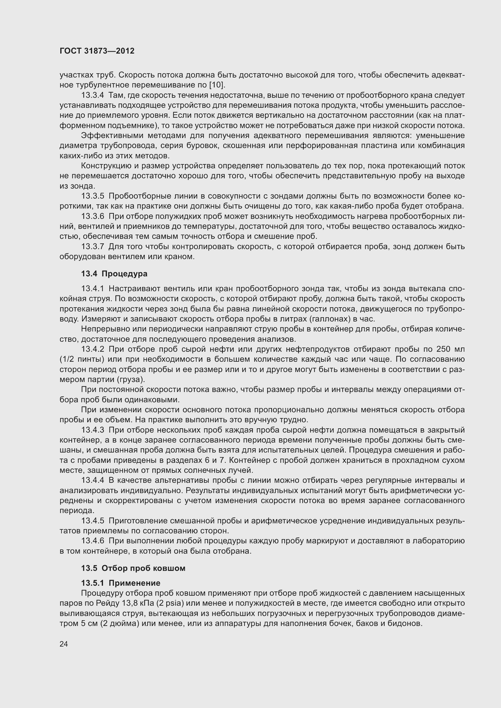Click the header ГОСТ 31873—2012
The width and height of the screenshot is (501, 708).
(97, 51)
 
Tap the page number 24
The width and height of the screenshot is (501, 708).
(64, 644)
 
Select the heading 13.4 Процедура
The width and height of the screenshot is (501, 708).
(114, 274)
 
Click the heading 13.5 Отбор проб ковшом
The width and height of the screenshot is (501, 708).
(133, 568)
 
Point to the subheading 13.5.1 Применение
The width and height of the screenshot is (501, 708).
(121, 583)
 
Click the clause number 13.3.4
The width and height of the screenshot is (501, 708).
(93, 95)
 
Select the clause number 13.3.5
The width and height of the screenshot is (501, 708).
(93, 196)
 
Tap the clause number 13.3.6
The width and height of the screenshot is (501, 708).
(93, 216)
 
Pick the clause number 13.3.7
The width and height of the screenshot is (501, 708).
(93, 246)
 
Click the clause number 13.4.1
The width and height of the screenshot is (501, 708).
(93, 288)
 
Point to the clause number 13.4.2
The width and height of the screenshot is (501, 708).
(93, 349)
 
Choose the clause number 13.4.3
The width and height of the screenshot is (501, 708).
(93, 430)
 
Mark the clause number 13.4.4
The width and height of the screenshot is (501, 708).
(93, 480)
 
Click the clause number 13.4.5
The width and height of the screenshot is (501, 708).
(93, 521)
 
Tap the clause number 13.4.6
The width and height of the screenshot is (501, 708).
(93, 541)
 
